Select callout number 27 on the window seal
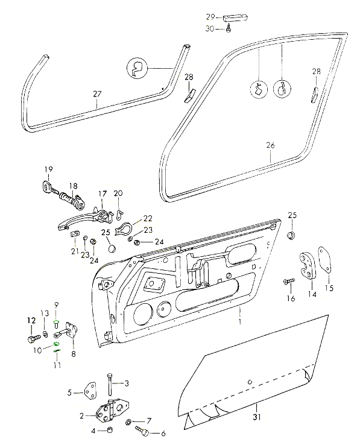(97, 94)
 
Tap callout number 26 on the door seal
(270, 145)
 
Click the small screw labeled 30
(229, 28)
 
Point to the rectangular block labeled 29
(236, 17)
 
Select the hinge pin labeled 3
(110, 383)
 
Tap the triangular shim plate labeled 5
(90, 391)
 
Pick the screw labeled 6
(142, 432)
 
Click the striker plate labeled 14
(306, 265)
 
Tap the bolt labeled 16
(289, 281)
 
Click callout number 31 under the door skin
(256, 417)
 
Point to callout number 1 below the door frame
(240, 321)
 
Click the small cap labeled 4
(109, 430)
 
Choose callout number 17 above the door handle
(103, 194)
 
